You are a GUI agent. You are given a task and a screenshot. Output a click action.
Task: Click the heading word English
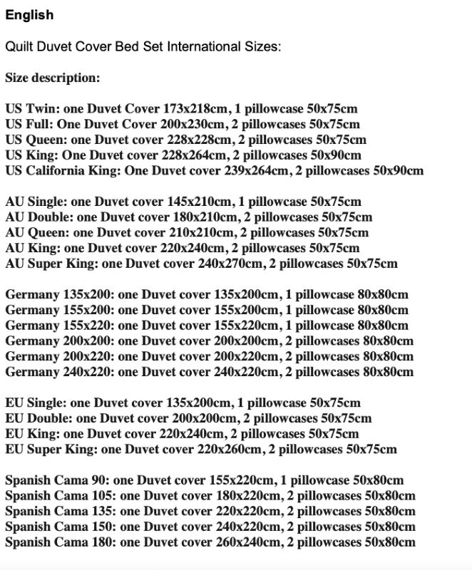click(x=29, y=15)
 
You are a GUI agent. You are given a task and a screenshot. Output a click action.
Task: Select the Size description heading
click(x=52, y=78)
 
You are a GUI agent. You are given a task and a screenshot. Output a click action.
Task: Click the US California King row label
click(x=64, y=171)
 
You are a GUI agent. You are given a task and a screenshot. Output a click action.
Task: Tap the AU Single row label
click(x=33, y=202)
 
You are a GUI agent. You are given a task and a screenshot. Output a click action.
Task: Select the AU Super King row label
click(x=52, y=264)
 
